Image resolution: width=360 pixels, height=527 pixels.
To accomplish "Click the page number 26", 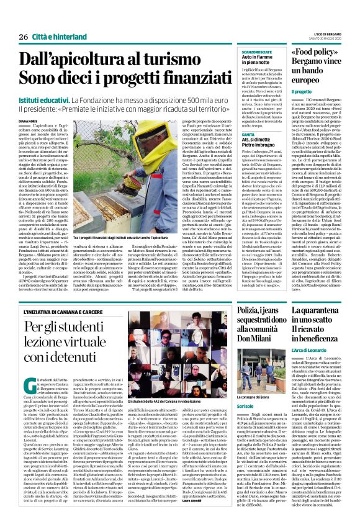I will [22, 37].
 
